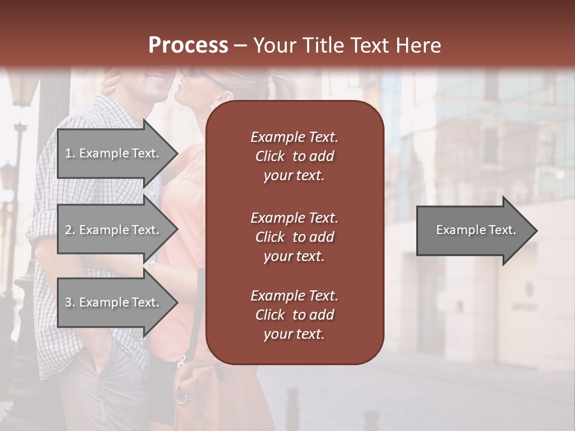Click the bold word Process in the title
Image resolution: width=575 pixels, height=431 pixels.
(x=188, y=45)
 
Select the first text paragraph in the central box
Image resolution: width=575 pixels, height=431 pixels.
(x=294, y=156)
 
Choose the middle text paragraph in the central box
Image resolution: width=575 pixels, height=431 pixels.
(x=294, y=236)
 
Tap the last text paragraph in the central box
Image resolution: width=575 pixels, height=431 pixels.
(x=294, y=315)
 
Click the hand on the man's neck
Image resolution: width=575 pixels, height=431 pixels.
(x=111, y=81)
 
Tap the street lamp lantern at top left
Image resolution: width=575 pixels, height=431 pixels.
(x=23, y=90)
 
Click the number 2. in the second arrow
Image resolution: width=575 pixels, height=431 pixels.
(x=70, y=230)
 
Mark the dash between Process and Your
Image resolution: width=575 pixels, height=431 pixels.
(x=240, y=45)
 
